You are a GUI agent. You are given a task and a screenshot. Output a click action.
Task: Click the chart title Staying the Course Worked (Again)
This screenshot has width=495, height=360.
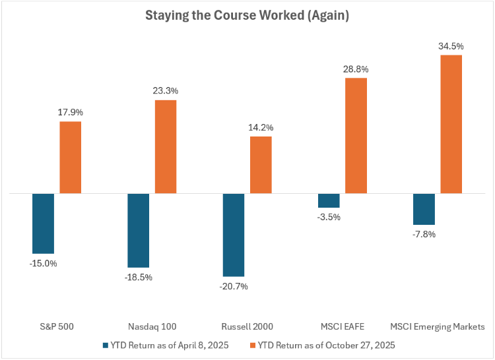click(247, 15)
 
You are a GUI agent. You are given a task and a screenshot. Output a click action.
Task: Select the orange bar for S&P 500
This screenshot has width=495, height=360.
click(71, 158)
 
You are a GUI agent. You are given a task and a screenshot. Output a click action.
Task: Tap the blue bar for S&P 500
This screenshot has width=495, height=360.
click(44, 224)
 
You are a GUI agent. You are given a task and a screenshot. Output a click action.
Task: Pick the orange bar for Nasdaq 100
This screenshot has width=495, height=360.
click(166, 147)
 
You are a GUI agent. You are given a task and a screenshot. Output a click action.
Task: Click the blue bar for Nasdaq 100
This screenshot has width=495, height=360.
click(139, 230)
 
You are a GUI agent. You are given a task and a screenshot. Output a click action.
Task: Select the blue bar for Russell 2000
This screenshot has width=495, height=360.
click(234, 235)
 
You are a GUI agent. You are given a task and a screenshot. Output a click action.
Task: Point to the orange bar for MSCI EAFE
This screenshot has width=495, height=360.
click(356, 136)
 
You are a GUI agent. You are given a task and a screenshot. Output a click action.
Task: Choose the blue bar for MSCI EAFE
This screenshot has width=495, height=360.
click(329, 201)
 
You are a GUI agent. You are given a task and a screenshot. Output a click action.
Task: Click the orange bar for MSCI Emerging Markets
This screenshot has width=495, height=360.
click(451, 125)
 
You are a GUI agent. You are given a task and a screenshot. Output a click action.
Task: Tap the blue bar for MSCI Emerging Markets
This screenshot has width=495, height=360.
click(424, 209)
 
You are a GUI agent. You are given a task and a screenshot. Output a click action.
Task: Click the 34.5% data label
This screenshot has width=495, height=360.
click(451, 46)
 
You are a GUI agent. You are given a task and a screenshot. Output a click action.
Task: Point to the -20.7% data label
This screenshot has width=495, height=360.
click(234, 286)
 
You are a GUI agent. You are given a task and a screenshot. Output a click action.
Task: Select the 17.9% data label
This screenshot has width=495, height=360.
click(71, 113)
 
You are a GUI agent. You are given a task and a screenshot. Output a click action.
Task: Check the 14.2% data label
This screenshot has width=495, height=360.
click(261, 127)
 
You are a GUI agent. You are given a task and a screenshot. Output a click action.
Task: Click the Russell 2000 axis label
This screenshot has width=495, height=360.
click(247, 326)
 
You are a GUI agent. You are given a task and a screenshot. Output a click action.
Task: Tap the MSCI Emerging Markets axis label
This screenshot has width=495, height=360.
click(437, 326)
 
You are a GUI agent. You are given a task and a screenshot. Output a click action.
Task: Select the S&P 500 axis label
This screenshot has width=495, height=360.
click(57, 326)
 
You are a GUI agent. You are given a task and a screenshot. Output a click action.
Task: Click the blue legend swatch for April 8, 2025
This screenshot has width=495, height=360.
click(106, 344)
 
